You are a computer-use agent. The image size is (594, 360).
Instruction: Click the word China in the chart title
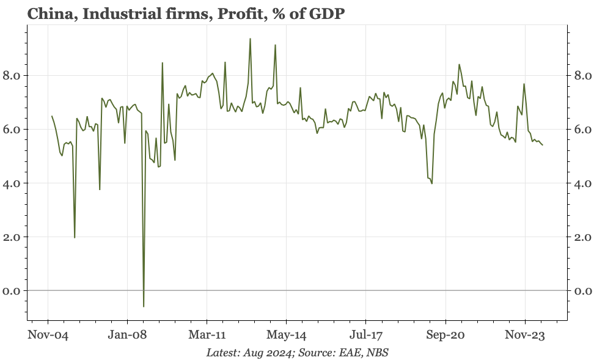pyautogui.click(x=29, y=12)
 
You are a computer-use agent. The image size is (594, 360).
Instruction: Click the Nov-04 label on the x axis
pyautogui.click(x=48, y=335)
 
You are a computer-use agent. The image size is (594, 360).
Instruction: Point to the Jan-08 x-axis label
pyautogui.click(x=127, y=335)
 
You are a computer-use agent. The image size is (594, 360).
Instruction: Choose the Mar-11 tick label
pyautogui.click(x=207, y=335)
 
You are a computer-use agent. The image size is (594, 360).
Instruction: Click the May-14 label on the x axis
pyautogui.click(x=286, y=335)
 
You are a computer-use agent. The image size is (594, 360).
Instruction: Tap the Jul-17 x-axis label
pyautogui.click(x=365, y=335)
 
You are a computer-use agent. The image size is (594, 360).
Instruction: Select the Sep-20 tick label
pyautogui.click(x=446, y=335)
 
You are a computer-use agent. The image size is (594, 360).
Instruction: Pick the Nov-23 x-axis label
pyautogui.click(x=525, y=335)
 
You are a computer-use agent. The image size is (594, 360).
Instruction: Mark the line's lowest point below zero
pyautogui.click(x=144, y=306)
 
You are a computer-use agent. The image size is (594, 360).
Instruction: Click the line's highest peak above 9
pyautogui.click(x=250, y=39)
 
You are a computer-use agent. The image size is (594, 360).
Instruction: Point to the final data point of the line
pyautogui.click(x=543, y=145)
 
